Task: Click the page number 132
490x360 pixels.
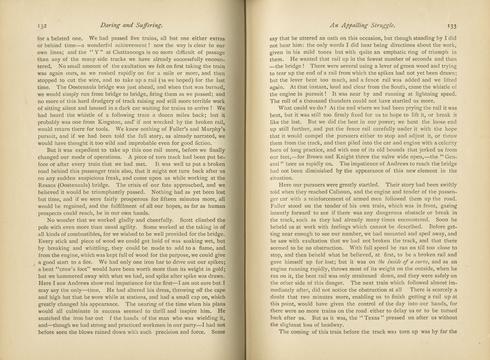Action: (x=42, y=26)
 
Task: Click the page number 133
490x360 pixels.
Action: (x=452, y=26)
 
